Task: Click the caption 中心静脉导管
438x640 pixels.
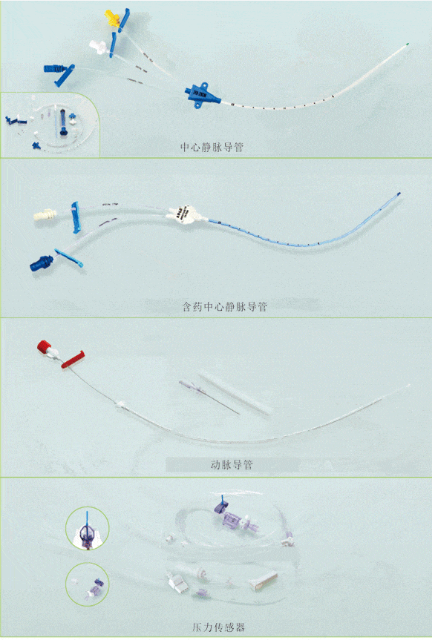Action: coord(212,147)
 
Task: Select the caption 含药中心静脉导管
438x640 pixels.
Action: coord(224,306)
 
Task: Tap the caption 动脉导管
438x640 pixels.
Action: coord(232,464)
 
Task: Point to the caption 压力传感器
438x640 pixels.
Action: coord(218,627)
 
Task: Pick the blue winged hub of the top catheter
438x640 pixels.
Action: coord(200,95)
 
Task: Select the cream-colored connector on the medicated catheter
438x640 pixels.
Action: coord(45,214)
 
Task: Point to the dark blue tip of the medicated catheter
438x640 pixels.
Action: coord(399,194)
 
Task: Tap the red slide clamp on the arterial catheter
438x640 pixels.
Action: coord(73,360)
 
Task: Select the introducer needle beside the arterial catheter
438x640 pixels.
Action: coord(209,397)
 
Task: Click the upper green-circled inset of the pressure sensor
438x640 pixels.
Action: coord(87,529)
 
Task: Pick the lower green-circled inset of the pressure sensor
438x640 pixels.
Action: coord(87,584)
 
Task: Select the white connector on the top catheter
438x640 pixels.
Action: coord(99,47)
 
